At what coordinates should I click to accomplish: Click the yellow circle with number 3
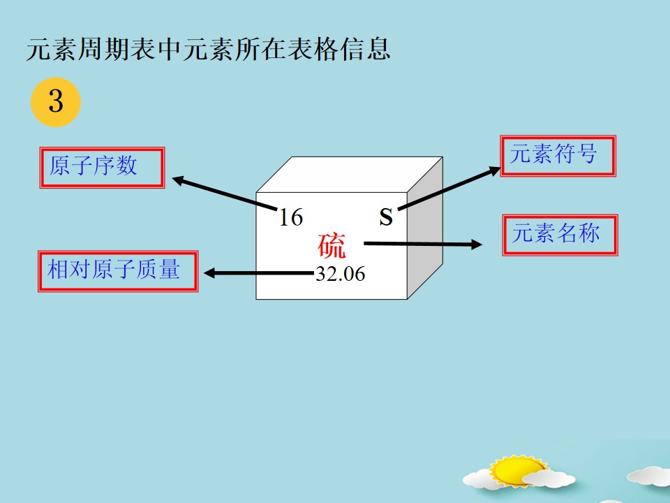coord(56,102)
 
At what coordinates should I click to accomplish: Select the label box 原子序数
coord(102,168)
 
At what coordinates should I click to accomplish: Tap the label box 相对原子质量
coord(118,272)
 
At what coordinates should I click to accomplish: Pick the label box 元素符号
coord(558,156)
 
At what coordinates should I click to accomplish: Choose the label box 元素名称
coord(560,235)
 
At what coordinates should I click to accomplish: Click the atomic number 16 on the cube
coord(291,217)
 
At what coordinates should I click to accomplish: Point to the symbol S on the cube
coord(386,217)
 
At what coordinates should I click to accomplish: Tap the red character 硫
coord(331,245)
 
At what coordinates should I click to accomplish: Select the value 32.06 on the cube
coord(341,274)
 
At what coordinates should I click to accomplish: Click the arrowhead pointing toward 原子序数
coord(178,180)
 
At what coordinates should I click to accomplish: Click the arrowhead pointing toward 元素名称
coord(477,245)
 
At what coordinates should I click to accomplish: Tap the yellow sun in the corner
coord(517,470)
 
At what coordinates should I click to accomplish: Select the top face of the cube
coord(349,175)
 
